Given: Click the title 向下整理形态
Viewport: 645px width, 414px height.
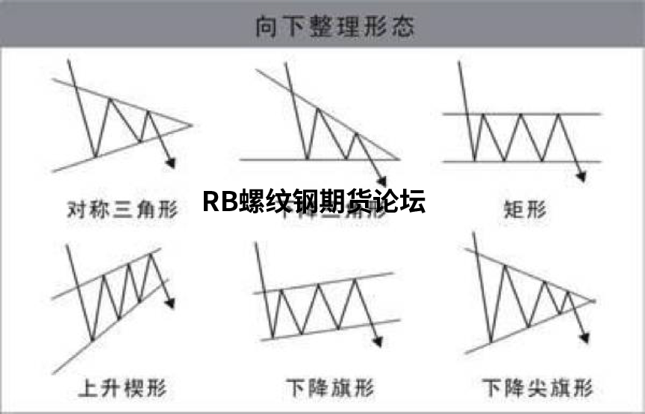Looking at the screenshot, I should tap(334, 28).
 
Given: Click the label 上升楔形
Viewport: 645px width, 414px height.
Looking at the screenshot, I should tap(121, 389).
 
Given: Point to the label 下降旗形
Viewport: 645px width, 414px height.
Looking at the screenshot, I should tap(330, 389).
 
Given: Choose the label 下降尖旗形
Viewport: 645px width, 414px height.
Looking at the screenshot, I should tap(537, 389).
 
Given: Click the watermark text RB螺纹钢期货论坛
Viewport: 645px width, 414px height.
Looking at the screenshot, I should tap(314, 202).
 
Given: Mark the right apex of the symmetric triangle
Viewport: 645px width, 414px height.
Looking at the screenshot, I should tap(192, 125).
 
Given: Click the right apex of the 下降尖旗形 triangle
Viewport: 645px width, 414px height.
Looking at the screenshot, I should tap(595, 301).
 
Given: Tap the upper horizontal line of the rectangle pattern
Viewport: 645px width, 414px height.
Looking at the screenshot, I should tap(523, 114).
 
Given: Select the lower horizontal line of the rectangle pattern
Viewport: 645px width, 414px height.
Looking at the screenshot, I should tap(523, 160).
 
